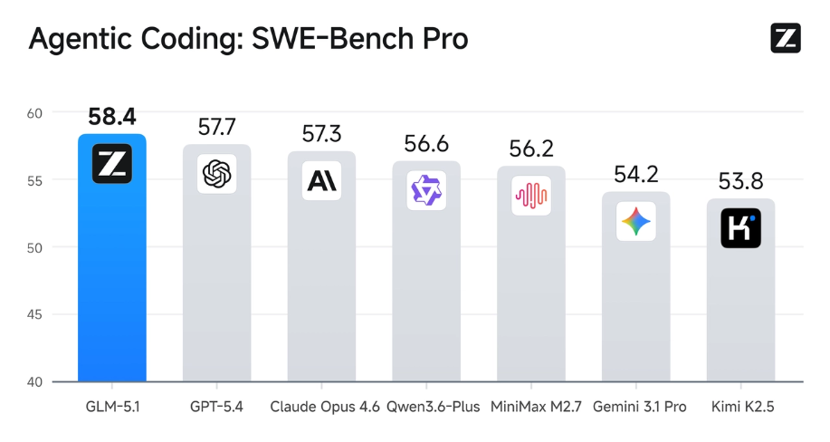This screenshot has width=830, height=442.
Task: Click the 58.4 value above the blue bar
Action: (x=112, y=117)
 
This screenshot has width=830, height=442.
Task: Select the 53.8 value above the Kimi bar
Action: (x=741, y=181)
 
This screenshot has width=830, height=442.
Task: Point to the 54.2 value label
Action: (x=636, y=175)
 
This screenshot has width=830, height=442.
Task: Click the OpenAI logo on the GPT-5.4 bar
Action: (x=217, y=173)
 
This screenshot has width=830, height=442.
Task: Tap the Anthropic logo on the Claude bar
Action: (x=321, y=180)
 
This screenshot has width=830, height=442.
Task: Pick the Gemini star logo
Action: (x=636, y=221)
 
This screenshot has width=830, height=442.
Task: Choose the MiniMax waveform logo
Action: (x=531, y=196)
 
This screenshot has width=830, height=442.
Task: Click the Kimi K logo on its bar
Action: (x=741, y=228)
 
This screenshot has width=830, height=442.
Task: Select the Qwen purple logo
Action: (x=426, y=190)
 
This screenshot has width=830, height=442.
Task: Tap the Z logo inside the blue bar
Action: (x=112, y=164)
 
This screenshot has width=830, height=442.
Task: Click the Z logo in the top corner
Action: (x=785, y=37)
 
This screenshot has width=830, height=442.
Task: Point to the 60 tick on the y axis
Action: (x=34, y=113)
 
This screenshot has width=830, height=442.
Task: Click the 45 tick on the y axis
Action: (x=34, y=314)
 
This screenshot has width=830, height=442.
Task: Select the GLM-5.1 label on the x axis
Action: (x=112, y=407)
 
